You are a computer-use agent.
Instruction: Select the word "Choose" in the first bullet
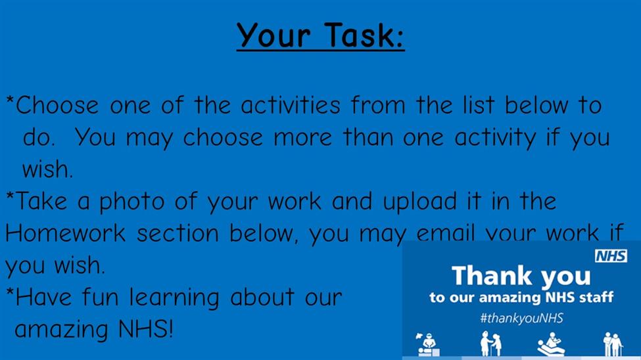click(x=57, y=105)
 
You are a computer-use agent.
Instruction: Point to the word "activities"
click(x=291, y=105)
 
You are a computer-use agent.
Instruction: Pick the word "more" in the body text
click(x=302, y=137)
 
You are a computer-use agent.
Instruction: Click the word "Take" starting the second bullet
click(x=41, y=201)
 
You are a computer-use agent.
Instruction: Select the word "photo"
click(x=132, y=202)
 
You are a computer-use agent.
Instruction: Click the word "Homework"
click(x=65, y=233)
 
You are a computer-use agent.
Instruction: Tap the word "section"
click(x=178, y=233)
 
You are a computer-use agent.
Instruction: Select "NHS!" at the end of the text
click(x=146, y=329)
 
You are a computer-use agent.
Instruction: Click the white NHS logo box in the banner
click(x=611, y=256)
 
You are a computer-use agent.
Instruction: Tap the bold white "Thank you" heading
click(x=521, y=276)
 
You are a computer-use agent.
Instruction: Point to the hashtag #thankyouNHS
click(x=521, y=318)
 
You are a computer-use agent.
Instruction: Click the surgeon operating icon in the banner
click(x=427, y=344)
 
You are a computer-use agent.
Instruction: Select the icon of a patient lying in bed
click(x=551, y=344)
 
